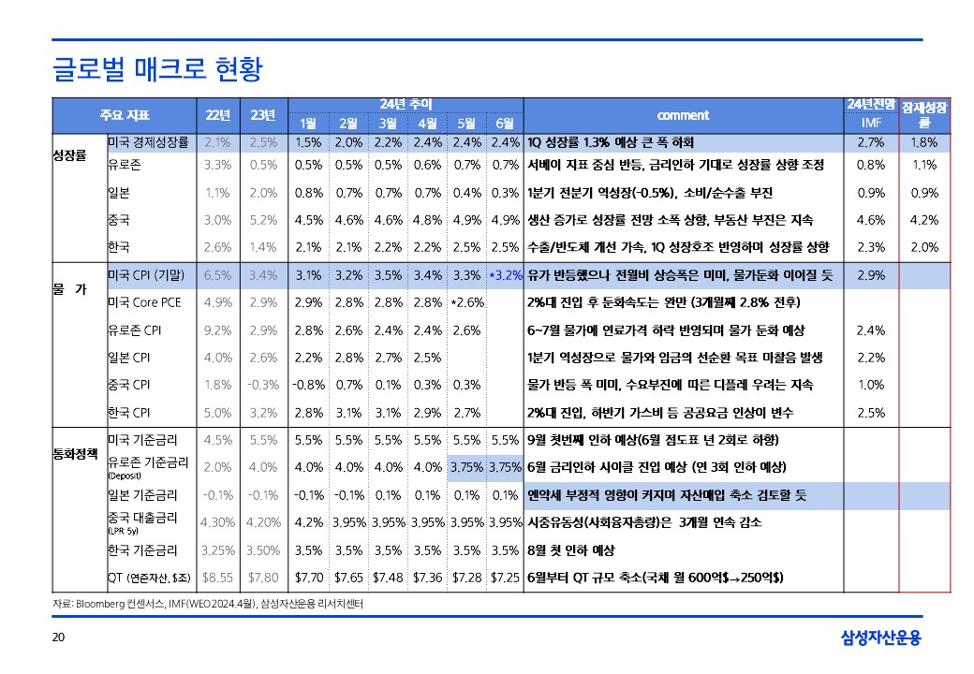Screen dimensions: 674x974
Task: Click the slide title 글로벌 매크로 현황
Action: click(156, 68)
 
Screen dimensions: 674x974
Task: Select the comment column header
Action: click(683, 115)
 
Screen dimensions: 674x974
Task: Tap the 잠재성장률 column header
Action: click(924, 115)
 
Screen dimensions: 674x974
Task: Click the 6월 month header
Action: click(505, 124)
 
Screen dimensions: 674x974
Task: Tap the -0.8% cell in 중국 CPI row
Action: click(308, 384)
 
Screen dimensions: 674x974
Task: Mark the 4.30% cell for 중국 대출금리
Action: click(217, 521)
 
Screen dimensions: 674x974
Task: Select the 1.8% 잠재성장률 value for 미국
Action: click(924, 142)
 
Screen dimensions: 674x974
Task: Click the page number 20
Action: click(58, 638)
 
